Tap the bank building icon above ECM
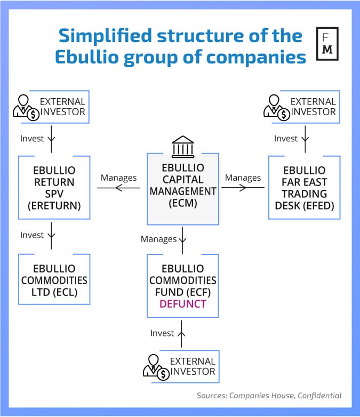pos(182,146)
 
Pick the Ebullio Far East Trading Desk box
pos(304,188)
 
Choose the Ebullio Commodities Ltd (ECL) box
pos(54,279)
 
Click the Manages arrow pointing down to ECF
pos(182,237)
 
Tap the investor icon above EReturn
pos(25,106)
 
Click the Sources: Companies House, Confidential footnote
pos(268,395)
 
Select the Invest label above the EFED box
pos(285,139)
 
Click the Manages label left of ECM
pos(118,178)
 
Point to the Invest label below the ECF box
pos(162,333)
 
